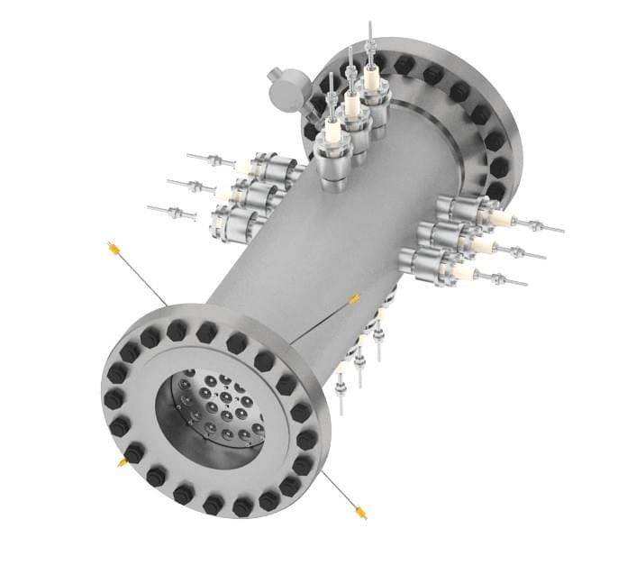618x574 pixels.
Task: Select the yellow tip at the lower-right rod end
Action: click(360, 514)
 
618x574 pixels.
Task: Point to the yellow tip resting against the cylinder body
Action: click(354, 298)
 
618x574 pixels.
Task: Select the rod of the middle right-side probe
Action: click(523, 252)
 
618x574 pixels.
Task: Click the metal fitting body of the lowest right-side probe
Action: click(429, 266)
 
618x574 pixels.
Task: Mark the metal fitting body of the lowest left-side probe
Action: click(232, 223)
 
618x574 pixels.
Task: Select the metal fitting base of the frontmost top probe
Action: click(332, 171)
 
